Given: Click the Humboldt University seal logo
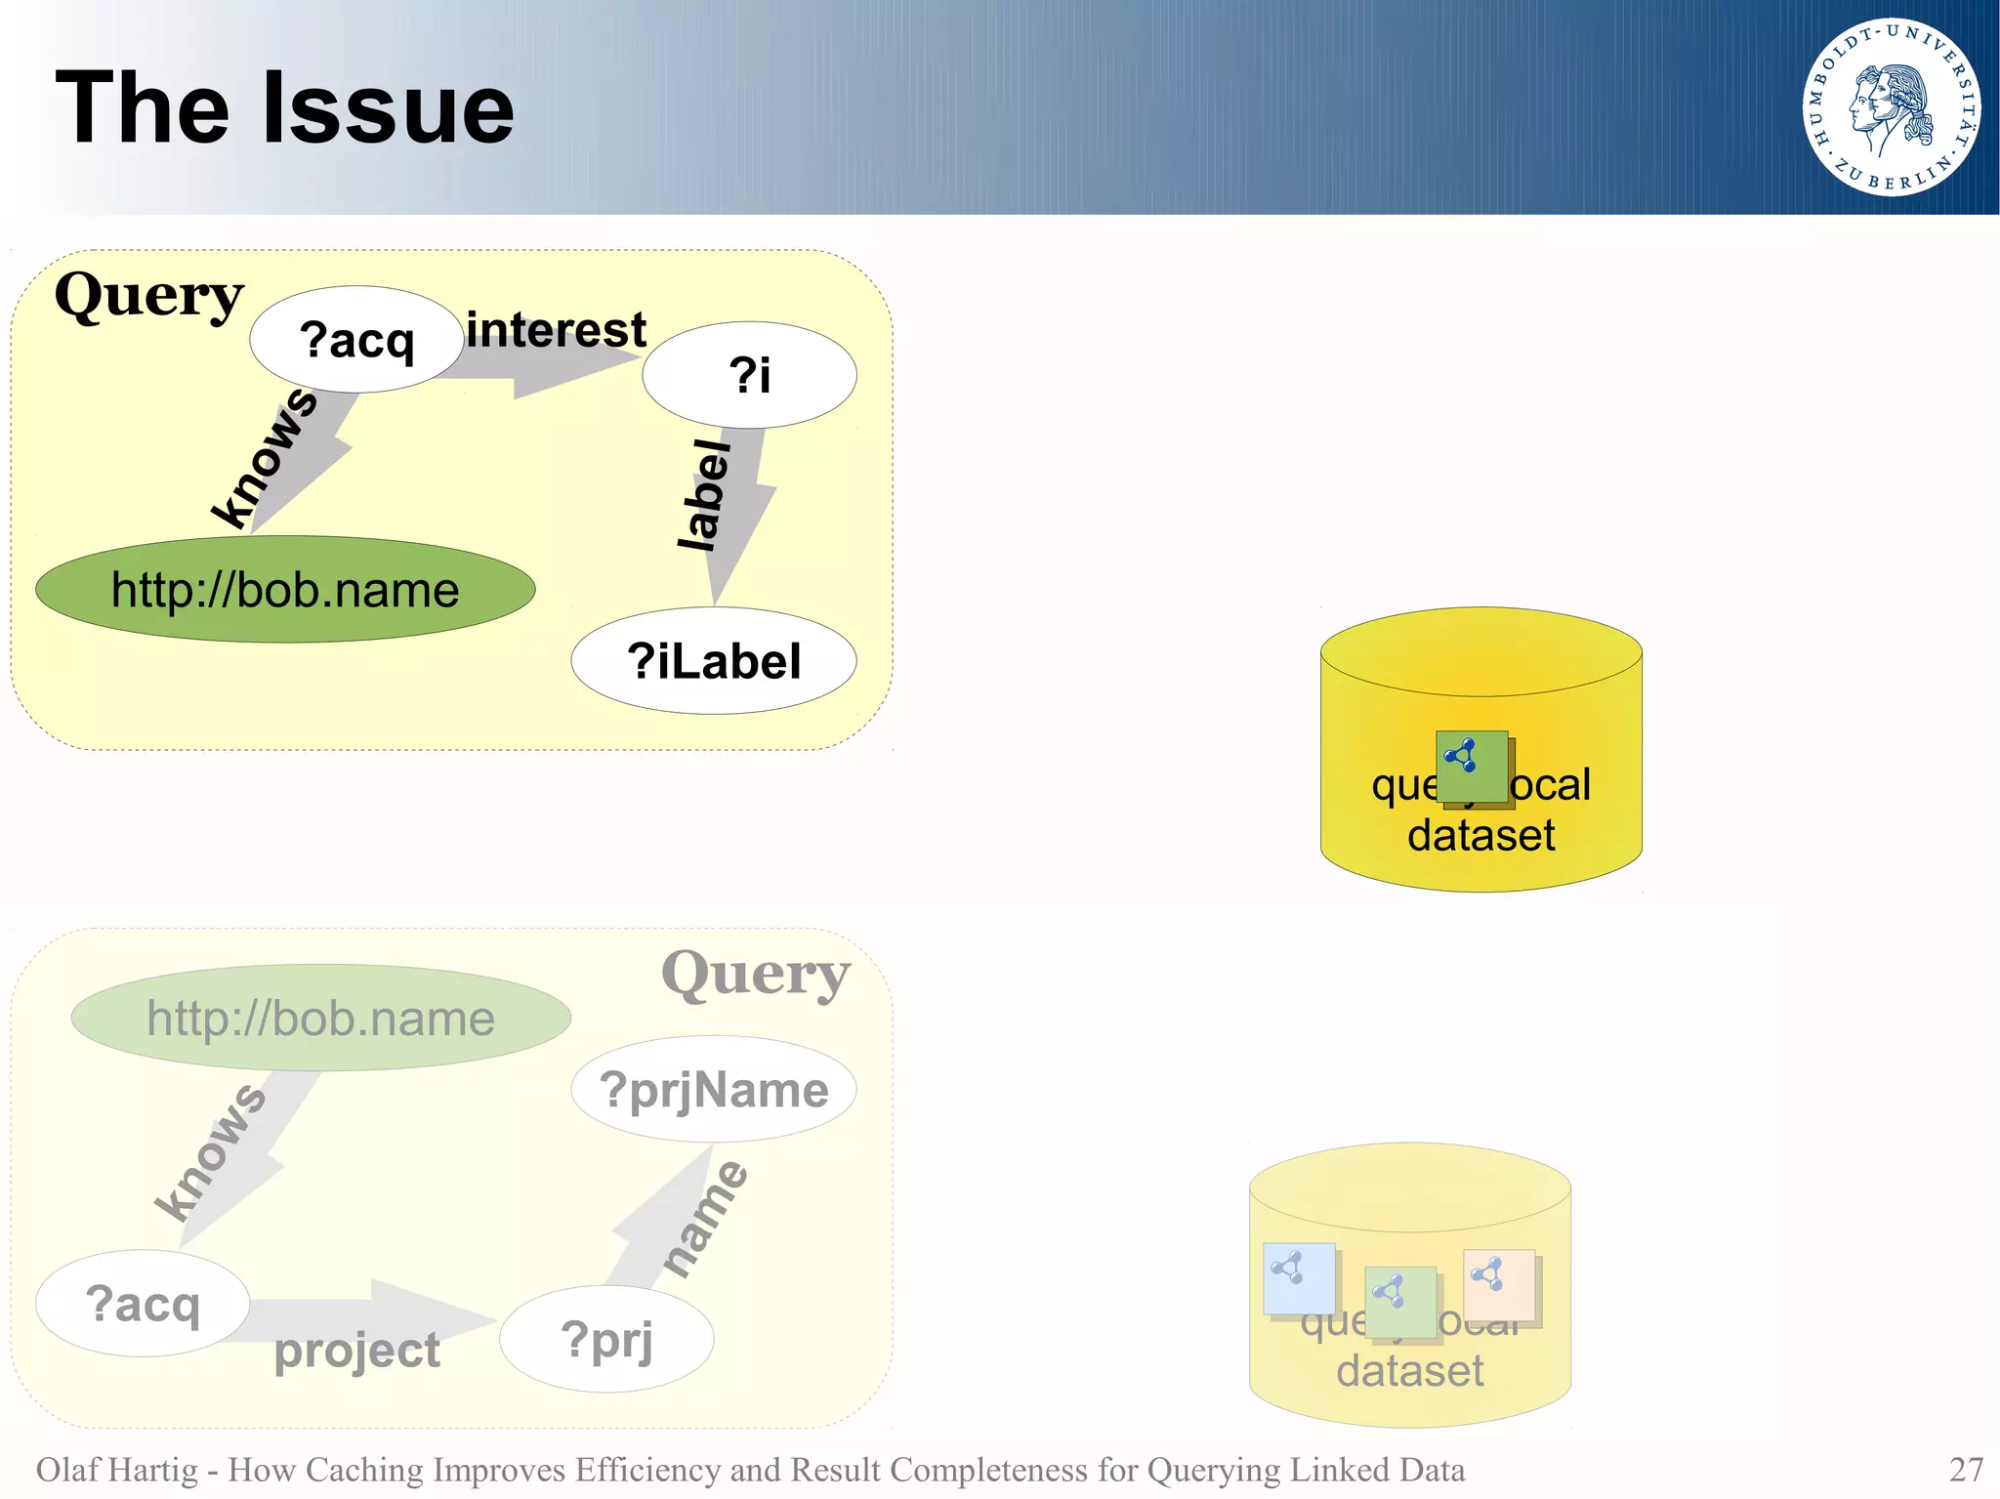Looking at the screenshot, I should (x=1891, y=107).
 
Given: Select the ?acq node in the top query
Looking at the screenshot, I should (x=356, y=340).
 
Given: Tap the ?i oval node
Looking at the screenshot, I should (x=749, y=375).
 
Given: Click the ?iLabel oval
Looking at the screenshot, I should (x=714, y=661).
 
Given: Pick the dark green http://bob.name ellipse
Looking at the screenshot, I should (x=285, y=590).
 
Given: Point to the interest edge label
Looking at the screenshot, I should (x=556, y=330).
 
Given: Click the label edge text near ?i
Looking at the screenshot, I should (x=705, y=495).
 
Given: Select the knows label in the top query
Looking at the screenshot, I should (x=265, y=457).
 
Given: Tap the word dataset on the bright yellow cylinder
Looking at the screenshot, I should (x=1480, y=836).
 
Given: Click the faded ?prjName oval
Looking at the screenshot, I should (x=714, y=1090).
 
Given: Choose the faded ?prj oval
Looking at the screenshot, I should (x=606, y=1339).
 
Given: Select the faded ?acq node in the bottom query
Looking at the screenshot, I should (x=143, y=1304).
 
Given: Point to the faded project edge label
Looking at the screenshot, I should (x=357, y=1351).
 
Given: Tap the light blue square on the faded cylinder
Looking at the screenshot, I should (x=1298, y=1278).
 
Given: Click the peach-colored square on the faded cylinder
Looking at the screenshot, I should (x=1499, y=1284).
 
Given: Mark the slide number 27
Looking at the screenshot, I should (x=1966, y=1470).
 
